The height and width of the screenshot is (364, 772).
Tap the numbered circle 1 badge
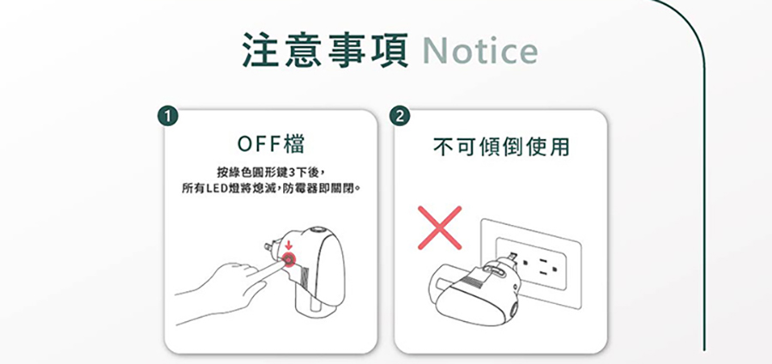(170, 116)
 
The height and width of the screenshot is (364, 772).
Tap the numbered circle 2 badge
(400, 116)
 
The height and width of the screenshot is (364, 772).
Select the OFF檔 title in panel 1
(271, 143)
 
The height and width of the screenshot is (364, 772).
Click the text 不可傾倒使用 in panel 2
(501, 148)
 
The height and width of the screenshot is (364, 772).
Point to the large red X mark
(438, 227)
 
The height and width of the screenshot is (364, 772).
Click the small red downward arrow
(289, 246)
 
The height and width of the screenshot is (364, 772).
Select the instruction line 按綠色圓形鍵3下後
(271, 171)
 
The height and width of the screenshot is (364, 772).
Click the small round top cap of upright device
(318, 230)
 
